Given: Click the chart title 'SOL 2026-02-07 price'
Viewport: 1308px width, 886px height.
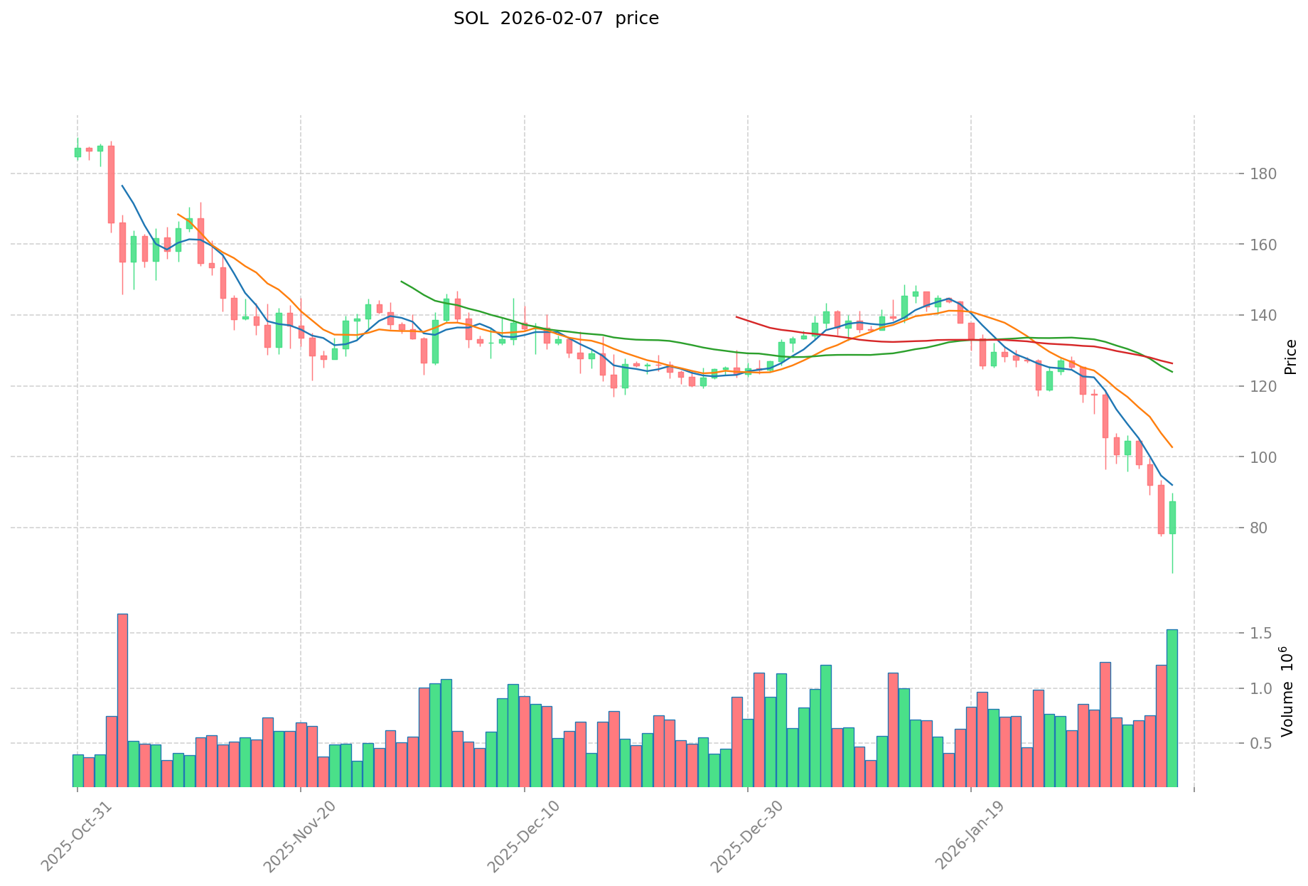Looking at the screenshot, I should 556,19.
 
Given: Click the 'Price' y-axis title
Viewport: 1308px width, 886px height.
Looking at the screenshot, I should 1290,356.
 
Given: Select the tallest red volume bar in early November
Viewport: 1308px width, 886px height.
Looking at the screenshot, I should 122,700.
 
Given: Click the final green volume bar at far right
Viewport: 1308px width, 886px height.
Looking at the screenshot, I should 1172,708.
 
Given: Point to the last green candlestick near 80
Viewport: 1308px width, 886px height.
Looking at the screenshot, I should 1172,518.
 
